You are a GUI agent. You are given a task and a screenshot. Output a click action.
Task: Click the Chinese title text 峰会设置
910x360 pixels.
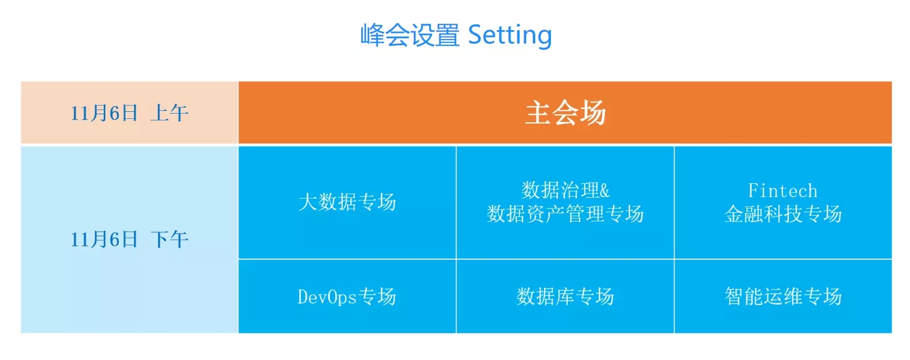pos(410,35)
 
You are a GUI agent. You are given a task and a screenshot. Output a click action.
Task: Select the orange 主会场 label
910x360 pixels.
pos(565,113)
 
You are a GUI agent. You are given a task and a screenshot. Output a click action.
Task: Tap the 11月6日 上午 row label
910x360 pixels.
pos(129,113)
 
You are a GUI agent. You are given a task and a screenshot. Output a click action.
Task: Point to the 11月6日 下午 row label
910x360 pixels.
pos(129,239)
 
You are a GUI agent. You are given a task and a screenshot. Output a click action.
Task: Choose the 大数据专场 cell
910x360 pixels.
pos(347,202)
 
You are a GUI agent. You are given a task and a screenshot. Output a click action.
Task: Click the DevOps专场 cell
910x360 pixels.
pos(347,296)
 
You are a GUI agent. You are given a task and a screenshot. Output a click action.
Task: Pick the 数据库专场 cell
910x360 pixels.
pos(565,296)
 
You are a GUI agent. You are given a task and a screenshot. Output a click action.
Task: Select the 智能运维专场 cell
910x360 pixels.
pos(783,296)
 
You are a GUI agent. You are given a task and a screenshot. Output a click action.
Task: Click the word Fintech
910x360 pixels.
pos(783,190)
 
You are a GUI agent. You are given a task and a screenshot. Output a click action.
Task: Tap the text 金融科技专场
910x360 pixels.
pos(783,214)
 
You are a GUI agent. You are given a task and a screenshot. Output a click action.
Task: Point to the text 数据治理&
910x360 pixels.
pos(565,190)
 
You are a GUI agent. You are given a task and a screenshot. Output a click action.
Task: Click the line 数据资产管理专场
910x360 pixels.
pos(565,214)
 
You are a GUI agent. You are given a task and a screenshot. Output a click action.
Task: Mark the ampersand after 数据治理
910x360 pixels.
pos(604,190)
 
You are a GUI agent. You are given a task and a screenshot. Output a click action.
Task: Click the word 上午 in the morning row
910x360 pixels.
pos(169,113)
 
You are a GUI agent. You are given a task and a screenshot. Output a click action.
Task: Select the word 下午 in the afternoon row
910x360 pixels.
pos(169,239)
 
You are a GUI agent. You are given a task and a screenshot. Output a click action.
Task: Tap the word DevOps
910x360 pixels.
pos(327,297)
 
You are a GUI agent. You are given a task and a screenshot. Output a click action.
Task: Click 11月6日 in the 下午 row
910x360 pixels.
pos(104,239)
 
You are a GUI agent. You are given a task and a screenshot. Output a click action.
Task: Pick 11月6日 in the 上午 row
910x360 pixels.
pos(104,113)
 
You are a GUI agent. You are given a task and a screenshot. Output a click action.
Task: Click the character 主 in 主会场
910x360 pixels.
pos(538,113)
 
